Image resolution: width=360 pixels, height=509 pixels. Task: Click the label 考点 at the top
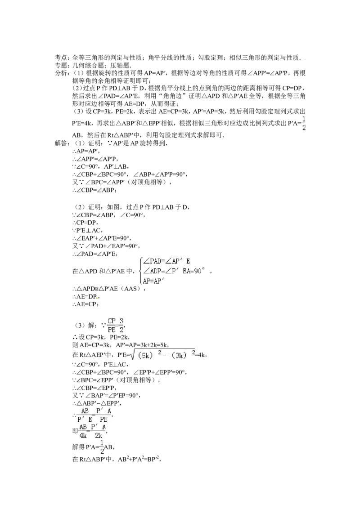tap(62, 58)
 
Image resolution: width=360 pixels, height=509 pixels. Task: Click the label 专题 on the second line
tap(62, 65)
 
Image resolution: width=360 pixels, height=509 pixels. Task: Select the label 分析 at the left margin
tap(62, 73)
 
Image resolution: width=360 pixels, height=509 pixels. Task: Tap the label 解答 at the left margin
tap(62, 143)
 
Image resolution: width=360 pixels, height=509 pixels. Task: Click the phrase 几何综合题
tap(88, 65)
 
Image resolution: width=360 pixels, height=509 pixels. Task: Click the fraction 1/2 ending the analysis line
tap(304, 124)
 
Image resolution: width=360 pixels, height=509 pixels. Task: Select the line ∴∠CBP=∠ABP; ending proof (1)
tap(94, 190)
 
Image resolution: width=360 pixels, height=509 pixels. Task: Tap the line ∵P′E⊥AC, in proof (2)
tap(88, 231)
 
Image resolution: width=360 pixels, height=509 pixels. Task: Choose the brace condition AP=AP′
tap(153, 281)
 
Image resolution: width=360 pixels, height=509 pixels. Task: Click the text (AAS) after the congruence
tap(131, 289)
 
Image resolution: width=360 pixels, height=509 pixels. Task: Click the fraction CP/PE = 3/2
tap(116, 325)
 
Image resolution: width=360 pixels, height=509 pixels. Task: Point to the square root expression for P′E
tap(163, 353)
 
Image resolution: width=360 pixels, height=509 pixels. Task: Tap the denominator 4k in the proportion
tap(83, 436)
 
